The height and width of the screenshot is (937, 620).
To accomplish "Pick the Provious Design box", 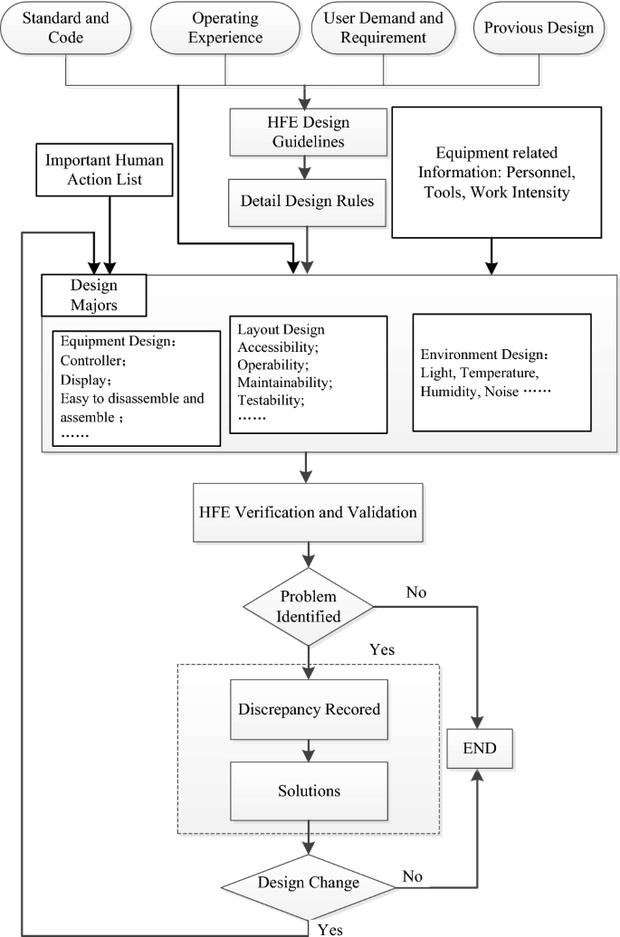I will (539, 28).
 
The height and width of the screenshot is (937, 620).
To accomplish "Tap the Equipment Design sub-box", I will (136, 388).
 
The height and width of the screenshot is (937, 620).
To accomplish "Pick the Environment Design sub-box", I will (501, 372).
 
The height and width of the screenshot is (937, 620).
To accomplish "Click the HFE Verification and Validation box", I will (308, 512).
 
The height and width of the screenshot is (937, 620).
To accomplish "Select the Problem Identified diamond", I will (310, 607).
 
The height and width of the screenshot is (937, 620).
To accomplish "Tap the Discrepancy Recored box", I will (310, 709).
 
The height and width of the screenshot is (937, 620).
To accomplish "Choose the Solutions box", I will (310, 790).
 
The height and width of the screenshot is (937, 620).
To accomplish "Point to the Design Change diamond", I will (310, 882).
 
